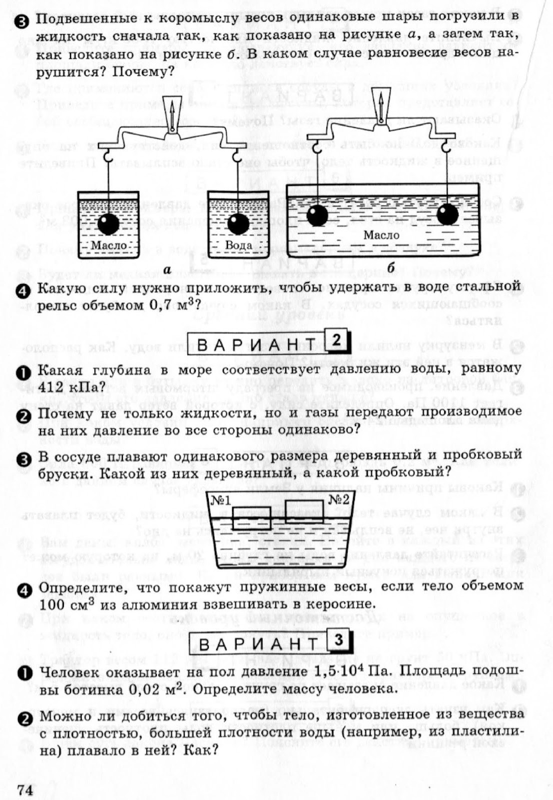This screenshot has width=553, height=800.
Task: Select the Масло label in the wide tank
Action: [381, 235]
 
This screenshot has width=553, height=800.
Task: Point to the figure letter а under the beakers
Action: [167, 270]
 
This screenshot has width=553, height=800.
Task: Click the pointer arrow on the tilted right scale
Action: [381, 104]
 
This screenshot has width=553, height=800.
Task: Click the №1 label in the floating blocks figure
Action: [220, 500]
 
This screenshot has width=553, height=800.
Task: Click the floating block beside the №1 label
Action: [252, 518]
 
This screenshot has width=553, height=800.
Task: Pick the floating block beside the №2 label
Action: [304, 510]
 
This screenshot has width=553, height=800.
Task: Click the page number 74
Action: [24, 776]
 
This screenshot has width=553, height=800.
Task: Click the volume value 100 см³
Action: [68, 604]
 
